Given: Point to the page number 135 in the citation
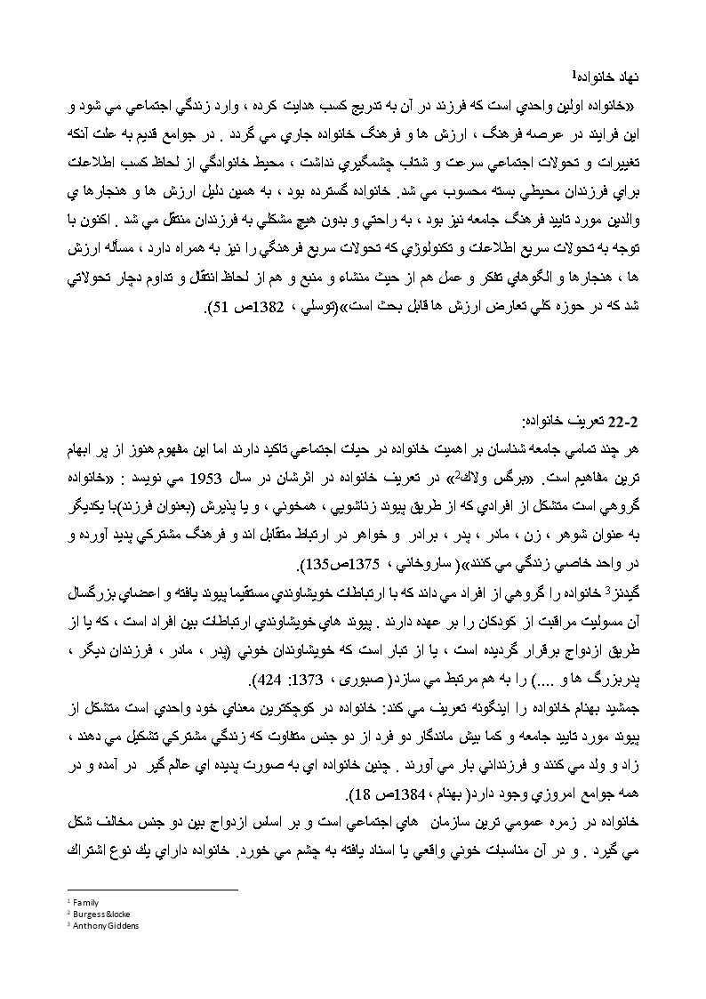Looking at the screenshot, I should pyautogui.click(x=307, y=564).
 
